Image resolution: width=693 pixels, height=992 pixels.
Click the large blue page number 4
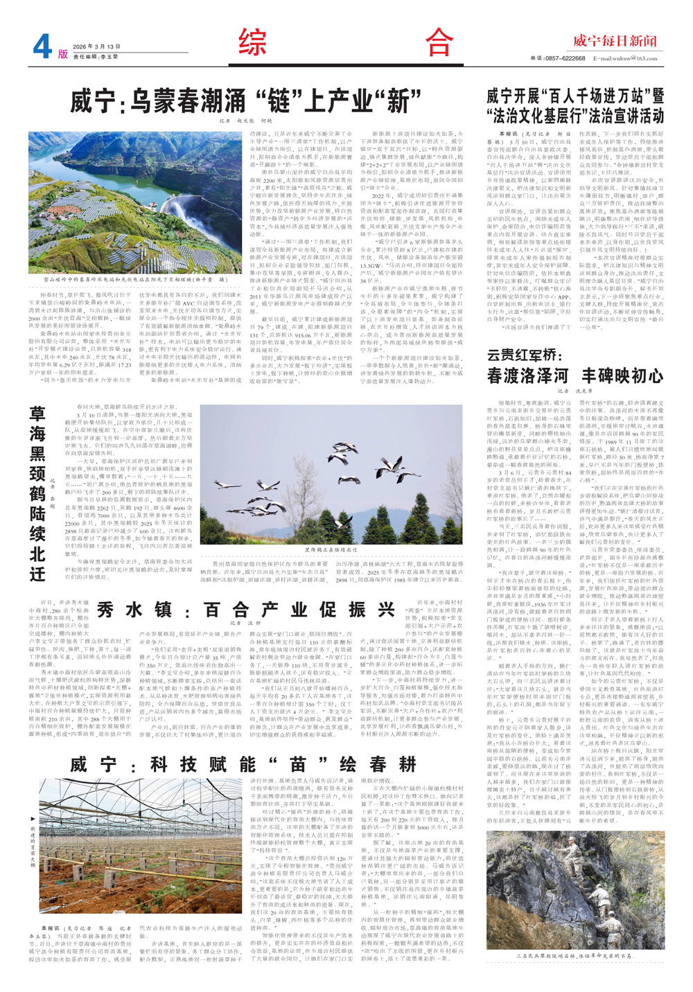tap(42, 47)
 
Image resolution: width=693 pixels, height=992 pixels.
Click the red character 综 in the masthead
tap(253, 43)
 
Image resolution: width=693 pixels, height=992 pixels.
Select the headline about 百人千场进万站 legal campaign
tap(575, 105)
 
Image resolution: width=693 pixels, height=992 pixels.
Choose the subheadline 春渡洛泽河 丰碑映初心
tap(575, 376)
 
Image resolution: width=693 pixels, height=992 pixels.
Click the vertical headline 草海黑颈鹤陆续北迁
tap(38, 493)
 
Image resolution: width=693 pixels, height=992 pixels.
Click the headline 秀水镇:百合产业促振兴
tap(246, 610)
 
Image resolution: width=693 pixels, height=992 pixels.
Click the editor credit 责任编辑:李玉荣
tap(96, 57)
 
